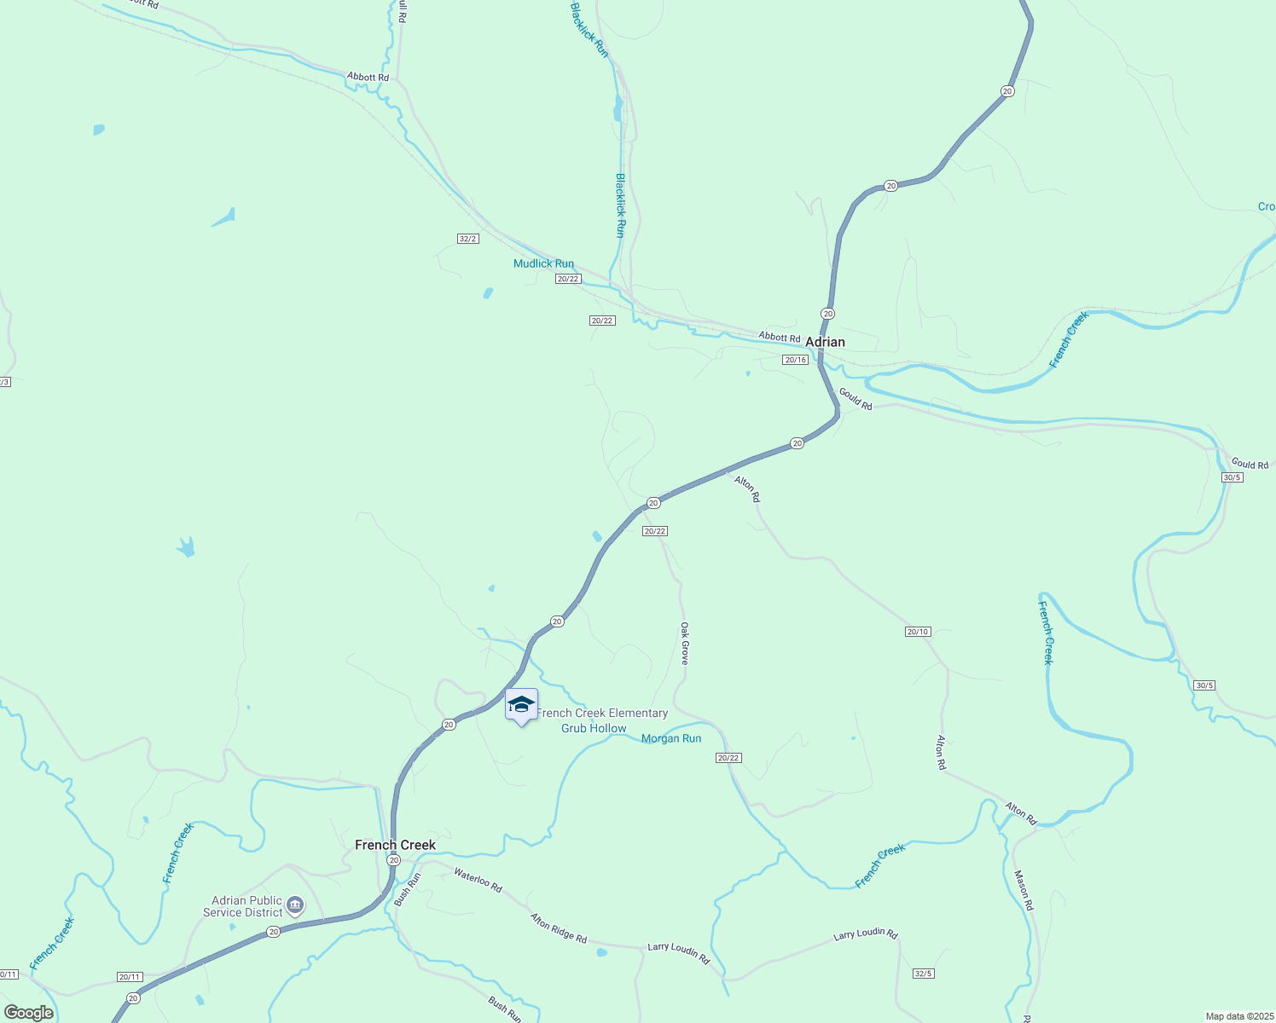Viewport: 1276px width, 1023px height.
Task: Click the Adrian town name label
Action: click(825, 342)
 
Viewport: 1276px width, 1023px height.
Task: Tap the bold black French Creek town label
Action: click(395, 845)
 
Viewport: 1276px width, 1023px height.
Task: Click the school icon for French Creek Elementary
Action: click(521, 705)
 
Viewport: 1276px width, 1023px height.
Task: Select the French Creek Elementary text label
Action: click(602, 713)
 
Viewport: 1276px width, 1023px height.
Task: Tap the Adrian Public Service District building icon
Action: click(295, 905)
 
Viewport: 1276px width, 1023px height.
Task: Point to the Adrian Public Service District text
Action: click(246, 906)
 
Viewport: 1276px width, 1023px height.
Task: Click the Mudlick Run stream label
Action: click(543, 263)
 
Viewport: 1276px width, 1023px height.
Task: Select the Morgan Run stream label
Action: click(671, 738)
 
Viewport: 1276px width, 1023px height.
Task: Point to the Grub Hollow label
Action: click(594, 728)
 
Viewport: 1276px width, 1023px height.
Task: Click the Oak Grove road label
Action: click(684, 643)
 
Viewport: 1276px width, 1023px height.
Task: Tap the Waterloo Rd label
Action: click(478, 880)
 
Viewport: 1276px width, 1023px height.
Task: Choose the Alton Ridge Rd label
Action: click(559, 928)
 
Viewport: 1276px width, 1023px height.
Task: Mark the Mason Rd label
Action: click(1024, 890)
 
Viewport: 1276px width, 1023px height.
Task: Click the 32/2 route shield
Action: click(467, 239)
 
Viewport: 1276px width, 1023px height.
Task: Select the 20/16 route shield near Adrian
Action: click(795, 360)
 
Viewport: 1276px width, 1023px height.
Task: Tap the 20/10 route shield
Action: click(918, 632)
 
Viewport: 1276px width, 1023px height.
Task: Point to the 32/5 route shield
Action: click(923, 974)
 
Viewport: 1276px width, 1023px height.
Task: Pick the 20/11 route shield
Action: click(129, 977)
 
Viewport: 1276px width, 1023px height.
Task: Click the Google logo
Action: click(28, 1013)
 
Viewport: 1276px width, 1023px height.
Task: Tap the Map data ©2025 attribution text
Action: click(1238, 1016)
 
